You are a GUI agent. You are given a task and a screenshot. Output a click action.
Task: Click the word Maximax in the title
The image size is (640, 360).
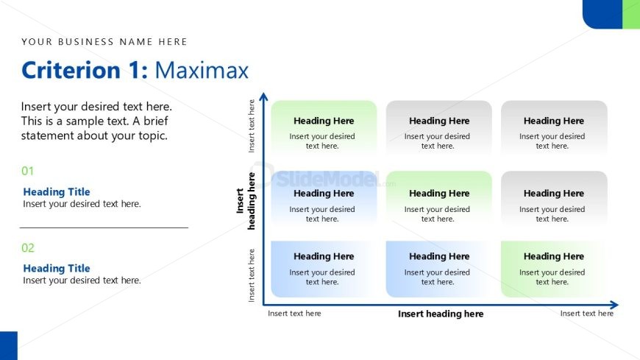tap(202, 70)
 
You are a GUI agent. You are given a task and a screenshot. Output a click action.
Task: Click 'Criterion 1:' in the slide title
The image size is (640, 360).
tap(85, 70)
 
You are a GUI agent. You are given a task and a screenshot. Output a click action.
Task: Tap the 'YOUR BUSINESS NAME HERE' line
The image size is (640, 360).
tap(104, 42)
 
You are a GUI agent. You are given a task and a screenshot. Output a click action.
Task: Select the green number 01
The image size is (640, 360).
tap(28, 171)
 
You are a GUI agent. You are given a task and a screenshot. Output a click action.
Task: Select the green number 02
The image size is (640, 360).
tap(28, 248)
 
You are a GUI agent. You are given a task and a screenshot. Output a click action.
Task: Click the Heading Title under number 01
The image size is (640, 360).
tap(57, 192)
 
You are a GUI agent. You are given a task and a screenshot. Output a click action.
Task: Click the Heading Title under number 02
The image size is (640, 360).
tap(57, 269)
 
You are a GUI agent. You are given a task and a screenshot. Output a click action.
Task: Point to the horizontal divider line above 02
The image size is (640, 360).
tap(104, 227)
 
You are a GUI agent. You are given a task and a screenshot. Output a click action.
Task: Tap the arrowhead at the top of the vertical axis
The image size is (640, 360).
tap(264, 96)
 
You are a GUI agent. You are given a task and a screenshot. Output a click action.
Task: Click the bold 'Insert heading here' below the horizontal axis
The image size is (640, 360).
tap(441, 314)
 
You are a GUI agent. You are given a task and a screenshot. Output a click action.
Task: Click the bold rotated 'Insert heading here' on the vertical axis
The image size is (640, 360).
tap(246, 201)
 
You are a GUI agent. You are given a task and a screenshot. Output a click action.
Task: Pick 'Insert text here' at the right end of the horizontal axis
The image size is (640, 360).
tap(586, 314)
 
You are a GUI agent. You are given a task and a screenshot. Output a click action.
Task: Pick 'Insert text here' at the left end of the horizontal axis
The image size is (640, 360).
tap(294, 314)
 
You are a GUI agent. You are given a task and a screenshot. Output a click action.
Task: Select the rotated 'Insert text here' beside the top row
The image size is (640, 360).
tap(252, 126)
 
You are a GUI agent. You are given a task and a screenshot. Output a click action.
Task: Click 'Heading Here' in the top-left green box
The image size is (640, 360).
tap(324, 121)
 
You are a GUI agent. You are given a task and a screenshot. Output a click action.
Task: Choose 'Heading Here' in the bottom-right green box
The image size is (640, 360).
tap(553, 257)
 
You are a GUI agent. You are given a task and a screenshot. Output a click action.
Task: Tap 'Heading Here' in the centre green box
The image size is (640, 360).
tap(439, 194)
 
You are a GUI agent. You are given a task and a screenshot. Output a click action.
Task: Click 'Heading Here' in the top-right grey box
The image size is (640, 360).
tap(553, 121)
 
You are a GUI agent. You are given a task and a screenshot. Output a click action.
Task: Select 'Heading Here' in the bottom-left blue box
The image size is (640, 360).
tap(324, 257)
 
